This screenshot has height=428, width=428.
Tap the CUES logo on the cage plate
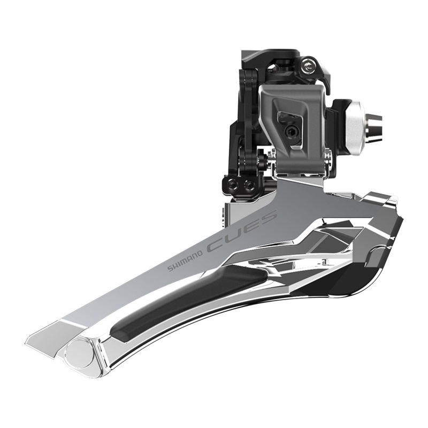coord(242,231)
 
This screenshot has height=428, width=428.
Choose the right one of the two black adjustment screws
coord(249,185)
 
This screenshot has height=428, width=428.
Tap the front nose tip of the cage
coord(393,203)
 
